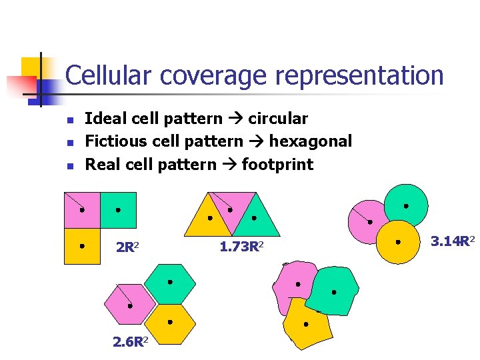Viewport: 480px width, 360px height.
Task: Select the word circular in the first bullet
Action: coord(278,119)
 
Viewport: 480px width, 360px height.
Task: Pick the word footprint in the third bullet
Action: coord(277,164)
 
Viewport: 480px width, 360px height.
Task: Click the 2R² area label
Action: coord(127,248)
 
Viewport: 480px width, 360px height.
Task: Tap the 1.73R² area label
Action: coord(241,247)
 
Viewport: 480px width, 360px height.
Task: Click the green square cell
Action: coord(118,210)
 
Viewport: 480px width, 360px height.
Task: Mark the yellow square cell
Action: coord(81,246)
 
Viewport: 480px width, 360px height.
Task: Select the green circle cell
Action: coord(405,205)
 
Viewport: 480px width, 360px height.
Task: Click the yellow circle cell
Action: coord(399,242)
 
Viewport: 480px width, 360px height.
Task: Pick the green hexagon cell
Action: coord(170,283)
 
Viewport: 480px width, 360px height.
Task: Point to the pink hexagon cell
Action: coord(129,306)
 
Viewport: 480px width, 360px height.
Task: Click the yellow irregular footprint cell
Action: coord(306,325)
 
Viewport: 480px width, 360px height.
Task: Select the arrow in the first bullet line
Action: coord(235,119)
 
